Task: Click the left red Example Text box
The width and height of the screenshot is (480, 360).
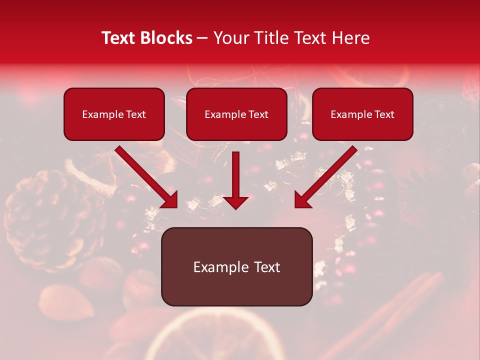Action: [x=114, y=114]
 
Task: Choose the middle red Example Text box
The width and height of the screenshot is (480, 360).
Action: [x=236, y=114]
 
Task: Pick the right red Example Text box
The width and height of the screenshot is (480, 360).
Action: [x=362, y=114]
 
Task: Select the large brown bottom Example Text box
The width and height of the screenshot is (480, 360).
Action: [x=236, y=266]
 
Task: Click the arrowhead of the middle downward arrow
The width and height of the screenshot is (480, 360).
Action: [x=235, y=201]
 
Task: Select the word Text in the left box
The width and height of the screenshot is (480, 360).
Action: [x=134, y=114]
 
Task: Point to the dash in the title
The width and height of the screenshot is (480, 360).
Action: [x=202, y=38]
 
